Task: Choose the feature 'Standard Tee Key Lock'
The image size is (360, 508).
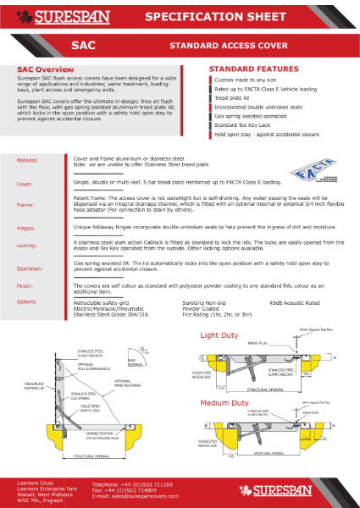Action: click(x=246, y=124)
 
